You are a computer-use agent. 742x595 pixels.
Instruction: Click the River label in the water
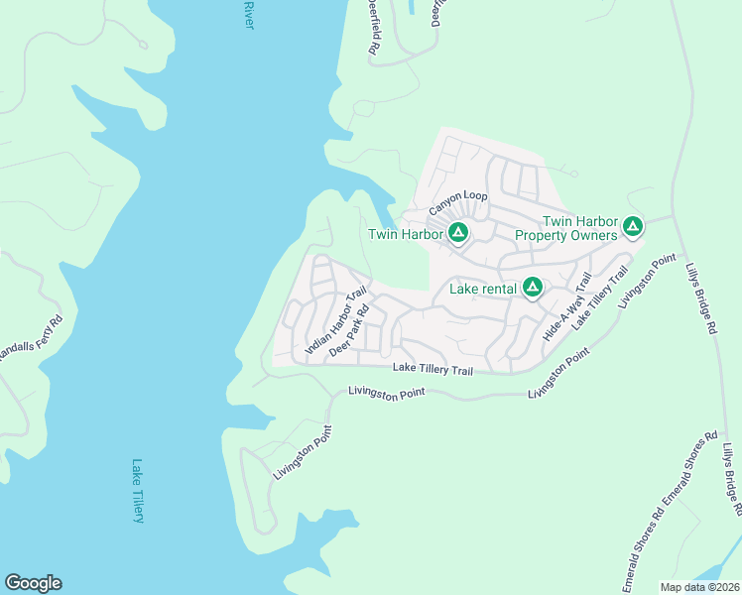[x=247, y=15]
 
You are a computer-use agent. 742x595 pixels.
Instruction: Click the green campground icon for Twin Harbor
[x=457, y=234]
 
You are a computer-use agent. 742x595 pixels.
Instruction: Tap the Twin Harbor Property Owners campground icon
[x=632, y=229]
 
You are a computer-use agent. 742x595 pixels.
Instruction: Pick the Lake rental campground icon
[x=533, y=288]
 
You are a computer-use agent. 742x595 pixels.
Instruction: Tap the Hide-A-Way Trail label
[x=566, y=309]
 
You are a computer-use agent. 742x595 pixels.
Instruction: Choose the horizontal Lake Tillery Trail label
[x=433, y=368]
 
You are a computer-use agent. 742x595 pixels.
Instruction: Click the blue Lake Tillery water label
[x=138, y=491]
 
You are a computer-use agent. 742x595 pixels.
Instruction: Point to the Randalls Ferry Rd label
[x=32, y=339]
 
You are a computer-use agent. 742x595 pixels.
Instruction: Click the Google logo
[x=33, y=583]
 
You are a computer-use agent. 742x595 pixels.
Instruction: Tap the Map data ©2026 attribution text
[x=699, y=587]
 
